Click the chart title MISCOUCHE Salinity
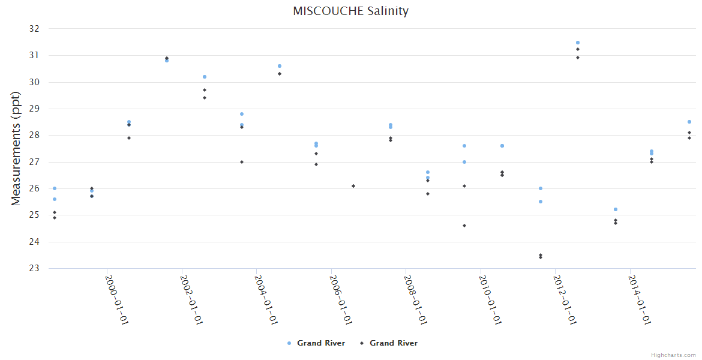351,11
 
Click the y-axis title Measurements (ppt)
17,148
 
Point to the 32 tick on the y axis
34,29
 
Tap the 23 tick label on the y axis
34,268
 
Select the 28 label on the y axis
34,136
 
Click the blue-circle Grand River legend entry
316,343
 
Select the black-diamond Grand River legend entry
389,343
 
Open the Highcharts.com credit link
673,355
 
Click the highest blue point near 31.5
578,43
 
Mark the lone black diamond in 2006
353,186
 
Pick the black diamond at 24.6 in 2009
464,226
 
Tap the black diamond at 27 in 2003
242,162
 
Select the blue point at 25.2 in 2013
616,209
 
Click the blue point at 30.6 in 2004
280,66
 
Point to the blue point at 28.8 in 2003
242,114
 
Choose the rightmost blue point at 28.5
689,122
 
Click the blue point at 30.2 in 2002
205,77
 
